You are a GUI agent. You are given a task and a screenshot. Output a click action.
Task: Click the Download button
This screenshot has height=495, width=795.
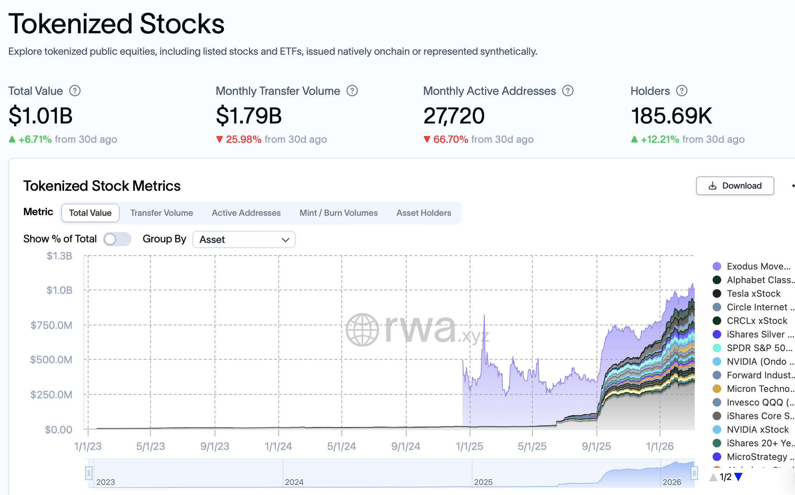(735, 186)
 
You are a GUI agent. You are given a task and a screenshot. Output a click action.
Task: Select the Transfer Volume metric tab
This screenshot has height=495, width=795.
(162, 213)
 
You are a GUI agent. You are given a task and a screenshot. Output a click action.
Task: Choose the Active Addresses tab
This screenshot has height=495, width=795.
(246, 213)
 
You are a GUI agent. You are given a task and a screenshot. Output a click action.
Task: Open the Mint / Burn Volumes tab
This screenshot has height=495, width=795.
(339, 213)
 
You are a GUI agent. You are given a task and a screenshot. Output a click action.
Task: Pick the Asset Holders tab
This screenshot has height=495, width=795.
(423, 213)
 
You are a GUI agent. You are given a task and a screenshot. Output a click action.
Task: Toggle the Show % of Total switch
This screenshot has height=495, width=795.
(117, 239)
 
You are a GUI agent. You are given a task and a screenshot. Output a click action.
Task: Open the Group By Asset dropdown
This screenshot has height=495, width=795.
(244, 239)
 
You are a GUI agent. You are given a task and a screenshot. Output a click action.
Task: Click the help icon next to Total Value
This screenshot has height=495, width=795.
(75, 91)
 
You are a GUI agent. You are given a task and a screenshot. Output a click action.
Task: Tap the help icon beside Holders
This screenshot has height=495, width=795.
(681, 91)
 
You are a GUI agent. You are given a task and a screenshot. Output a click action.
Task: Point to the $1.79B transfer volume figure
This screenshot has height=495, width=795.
(249, 116)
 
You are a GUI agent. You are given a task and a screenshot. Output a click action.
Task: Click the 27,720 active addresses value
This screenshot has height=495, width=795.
(454, 116)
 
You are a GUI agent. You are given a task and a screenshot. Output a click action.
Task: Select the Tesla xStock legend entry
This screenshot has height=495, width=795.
(753, 293)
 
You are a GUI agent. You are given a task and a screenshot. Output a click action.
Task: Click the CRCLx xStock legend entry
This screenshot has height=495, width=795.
(757, 321)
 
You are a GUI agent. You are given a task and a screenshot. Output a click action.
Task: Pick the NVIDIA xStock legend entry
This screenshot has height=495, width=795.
(757, 430)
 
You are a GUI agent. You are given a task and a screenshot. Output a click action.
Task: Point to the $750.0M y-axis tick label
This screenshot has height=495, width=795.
(51, 325)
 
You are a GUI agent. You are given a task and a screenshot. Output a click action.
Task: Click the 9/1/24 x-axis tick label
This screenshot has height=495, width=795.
(406, 446)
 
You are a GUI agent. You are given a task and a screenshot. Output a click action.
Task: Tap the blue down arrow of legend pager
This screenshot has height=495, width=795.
(738, 477)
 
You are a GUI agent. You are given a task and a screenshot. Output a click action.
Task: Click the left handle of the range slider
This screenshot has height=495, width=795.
(89, 473)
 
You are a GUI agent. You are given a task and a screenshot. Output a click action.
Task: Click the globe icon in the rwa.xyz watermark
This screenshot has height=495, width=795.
(362, 330)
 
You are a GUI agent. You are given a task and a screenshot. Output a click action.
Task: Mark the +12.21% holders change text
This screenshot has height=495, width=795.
(660, 139)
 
